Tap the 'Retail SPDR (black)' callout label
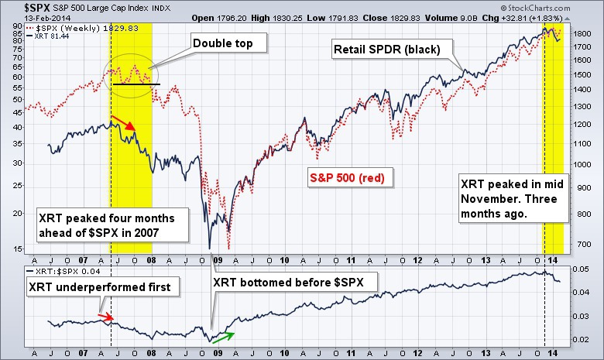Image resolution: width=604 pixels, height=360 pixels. (386, 50)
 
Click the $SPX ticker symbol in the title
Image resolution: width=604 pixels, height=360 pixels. (22, 7)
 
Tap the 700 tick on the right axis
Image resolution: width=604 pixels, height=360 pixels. (582, 244)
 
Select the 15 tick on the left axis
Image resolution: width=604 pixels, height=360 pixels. (18, 249)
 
